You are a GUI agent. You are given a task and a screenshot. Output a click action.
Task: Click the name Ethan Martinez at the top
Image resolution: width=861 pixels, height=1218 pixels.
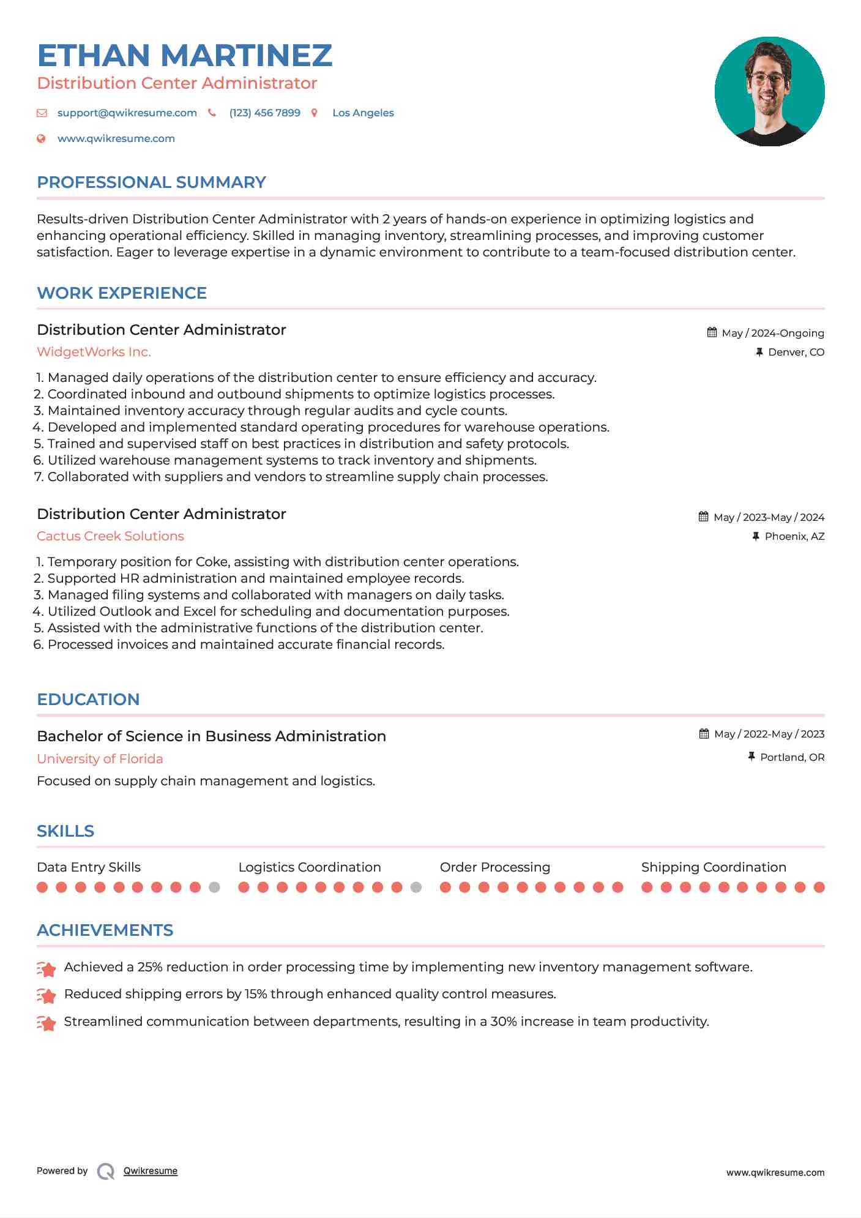[184, 56]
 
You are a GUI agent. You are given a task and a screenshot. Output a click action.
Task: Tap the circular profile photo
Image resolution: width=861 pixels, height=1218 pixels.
[769, 91]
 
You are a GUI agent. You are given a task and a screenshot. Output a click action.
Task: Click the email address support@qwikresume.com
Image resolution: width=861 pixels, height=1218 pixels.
[127, 113]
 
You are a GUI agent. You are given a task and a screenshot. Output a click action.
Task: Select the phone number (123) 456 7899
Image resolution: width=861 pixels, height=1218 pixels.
[264, 113]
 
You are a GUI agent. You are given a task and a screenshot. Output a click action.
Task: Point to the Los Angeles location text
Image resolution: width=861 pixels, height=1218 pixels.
[363, 113]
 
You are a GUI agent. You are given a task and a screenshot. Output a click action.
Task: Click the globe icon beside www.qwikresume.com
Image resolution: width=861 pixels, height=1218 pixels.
[42, 139]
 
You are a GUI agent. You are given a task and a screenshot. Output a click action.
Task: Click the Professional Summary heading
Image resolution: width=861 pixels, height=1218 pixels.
[151, 182]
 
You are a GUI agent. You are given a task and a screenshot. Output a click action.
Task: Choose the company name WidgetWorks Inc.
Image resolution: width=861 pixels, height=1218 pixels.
[94, 352]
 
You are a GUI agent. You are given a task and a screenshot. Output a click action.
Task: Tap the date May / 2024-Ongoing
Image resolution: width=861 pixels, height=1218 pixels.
[772, 334]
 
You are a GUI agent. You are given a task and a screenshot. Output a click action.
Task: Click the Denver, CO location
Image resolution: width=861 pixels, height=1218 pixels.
[796, 353]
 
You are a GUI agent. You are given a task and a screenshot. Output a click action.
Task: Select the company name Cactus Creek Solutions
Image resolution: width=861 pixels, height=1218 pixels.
[110, 536]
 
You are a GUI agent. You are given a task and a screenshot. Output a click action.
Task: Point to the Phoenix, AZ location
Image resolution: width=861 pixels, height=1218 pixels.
[794, 537]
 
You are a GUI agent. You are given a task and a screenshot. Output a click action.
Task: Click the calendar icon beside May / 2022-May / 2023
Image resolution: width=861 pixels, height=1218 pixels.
[704, 734]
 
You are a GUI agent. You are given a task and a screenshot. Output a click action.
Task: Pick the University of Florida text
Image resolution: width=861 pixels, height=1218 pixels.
[100, 759]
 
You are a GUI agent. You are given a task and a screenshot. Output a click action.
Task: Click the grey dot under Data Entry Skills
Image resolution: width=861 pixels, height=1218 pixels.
[214, 887]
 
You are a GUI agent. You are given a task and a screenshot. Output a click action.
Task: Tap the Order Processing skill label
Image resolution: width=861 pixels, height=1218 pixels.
[494, 867]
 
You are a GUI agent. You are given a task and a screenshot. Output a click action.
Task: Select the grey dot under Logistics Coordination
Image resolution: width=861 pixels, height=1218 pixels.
[416, 887]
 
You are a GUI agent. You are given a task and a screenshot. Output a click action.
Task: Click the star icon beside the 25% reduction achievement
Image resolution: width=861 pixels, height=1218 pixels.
[47, 969]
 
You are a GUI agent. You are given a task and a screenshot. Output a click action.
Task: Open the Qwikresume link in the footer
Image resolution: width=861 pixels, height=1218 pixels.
[150, 1171]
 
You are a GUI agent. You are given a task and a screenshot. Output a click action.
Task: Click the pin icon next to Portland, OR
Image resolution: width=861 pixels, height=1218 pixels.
[751, 757]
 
